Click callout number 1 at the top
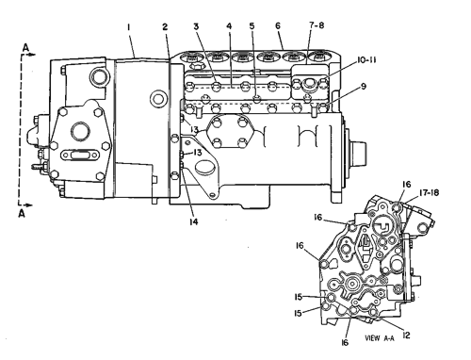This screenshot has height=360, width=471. click(128, 27)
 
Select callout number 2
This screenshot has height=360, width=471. click(165, 27)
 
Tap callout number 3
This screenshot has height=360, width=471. click(196, 26)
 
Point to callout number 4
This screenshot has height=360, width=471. click(229, 26)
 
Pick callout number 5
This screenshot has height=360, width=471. click(252, 26)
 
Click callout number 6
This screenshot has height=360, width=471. click(278, 25)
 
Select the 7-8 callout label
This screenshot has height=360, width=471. click(317, 25)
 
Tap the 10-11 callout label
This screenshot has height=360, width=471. click(366, 60)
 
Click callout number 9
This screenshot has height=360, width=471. click(364, 86)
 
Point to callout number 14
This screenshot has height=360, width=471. click(194, 221)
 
